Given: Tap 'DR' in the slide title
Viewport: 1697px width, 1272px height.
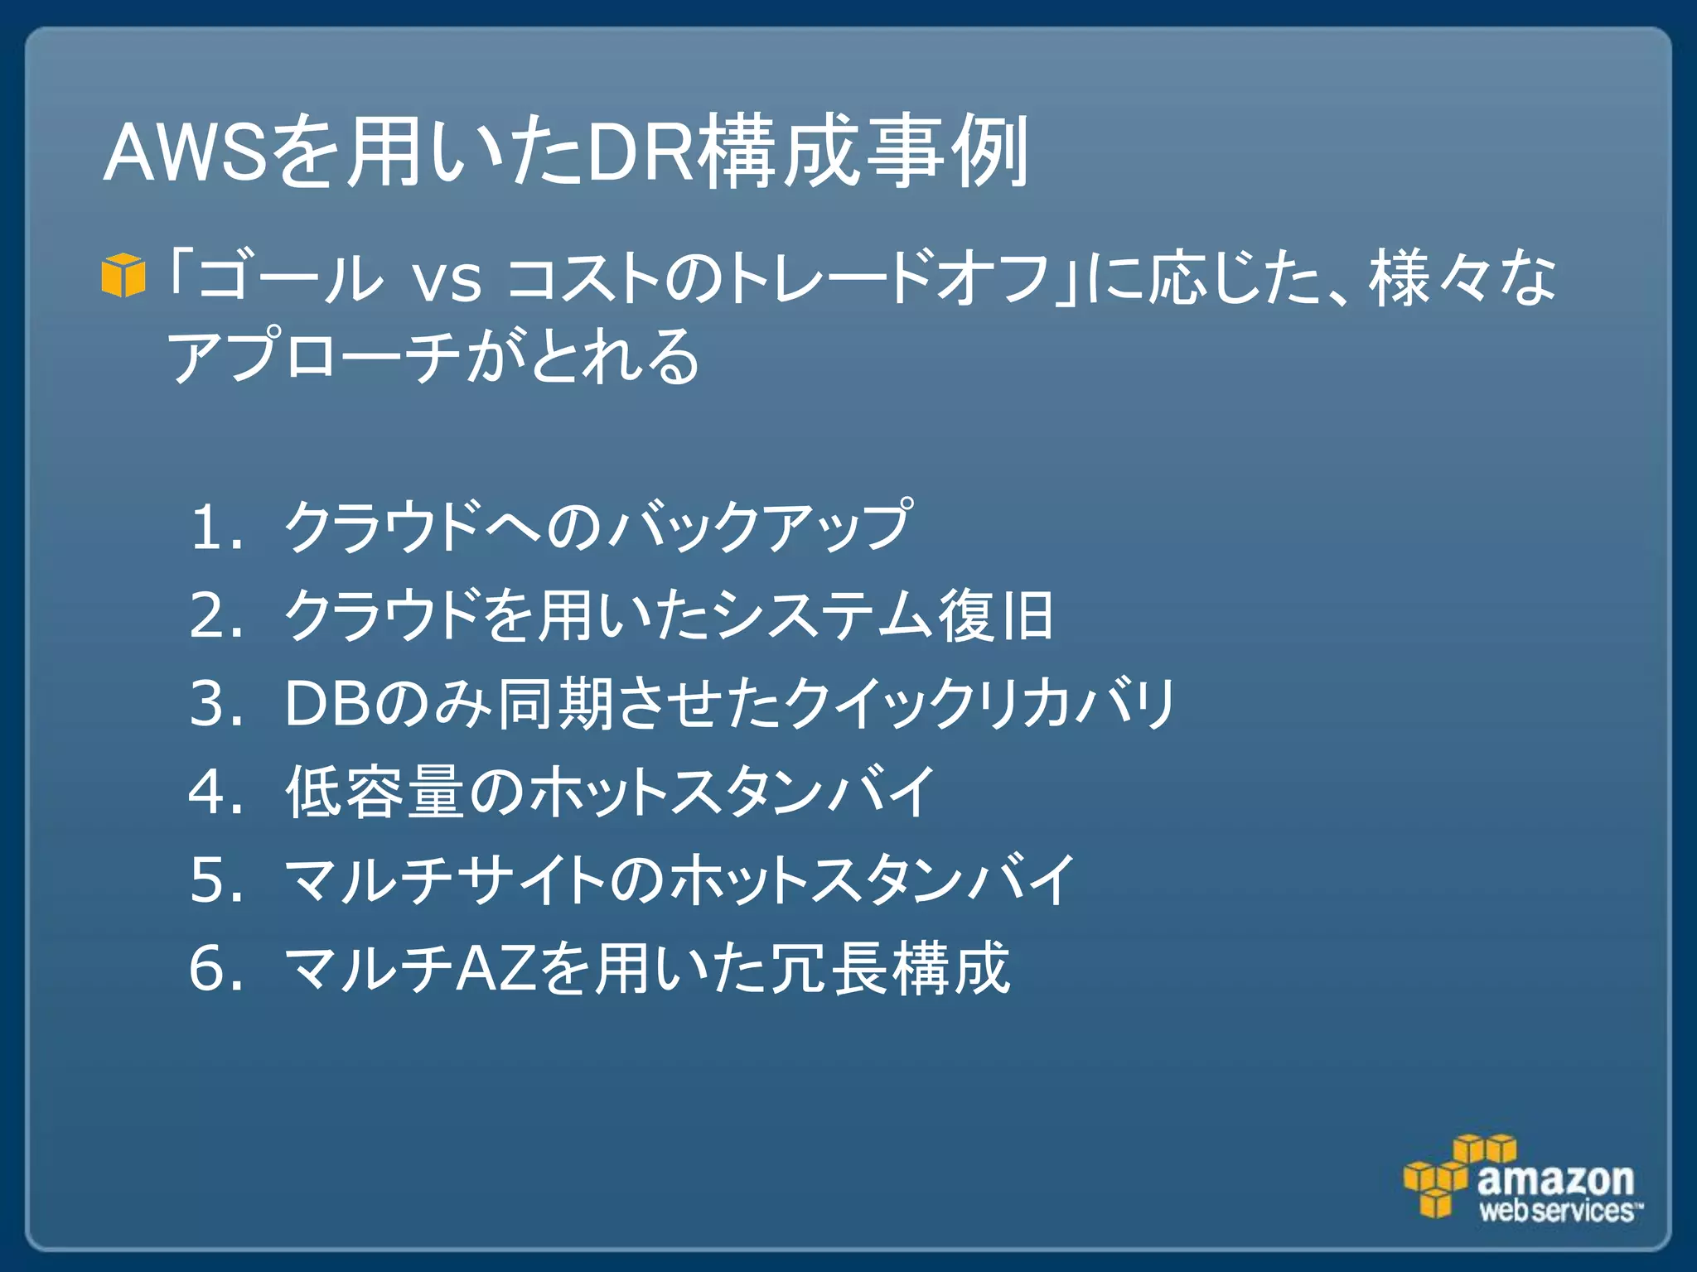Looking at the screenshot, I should pyautogui.click(x=639, y=153).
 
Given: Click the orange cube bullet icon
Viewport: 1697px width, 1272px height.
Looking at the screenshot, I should pyautogui.click(x=123, y=276).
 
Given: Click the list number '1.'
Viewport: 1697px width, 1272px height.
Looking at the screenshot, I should pyautogui.click(x=216, y=528).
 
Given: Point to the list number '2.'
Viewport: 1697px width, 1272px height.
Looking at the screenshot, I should pyautogui.click(x=216, y=616).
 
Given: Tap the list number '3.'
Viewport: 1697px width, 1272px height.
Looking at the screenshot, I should pyautogui.click(x=216, y=704).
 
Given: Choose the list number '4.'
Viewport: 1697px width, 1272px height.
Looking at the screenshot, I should pyautogui.click(x=216, y=793).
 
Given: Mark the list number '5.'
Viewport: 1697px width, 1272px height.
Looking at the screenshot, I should pyautogui.click(x=216, y=880).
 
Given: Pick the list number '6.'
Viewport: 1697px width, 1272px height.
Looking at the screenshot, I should pyautogui.click(x=216, y=968).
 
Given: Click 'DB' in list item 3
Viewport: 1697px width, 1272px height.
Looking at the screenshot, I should pyautogui.click(x=327, y=704).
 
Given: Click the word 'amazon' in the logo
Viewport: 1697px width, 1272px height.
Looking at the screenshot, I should pyautogui.click(x=1555, y=1179).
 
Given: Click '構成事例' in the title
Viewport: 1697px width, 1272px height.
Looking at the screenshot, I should pyautogui.click(x=862, y=153).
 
